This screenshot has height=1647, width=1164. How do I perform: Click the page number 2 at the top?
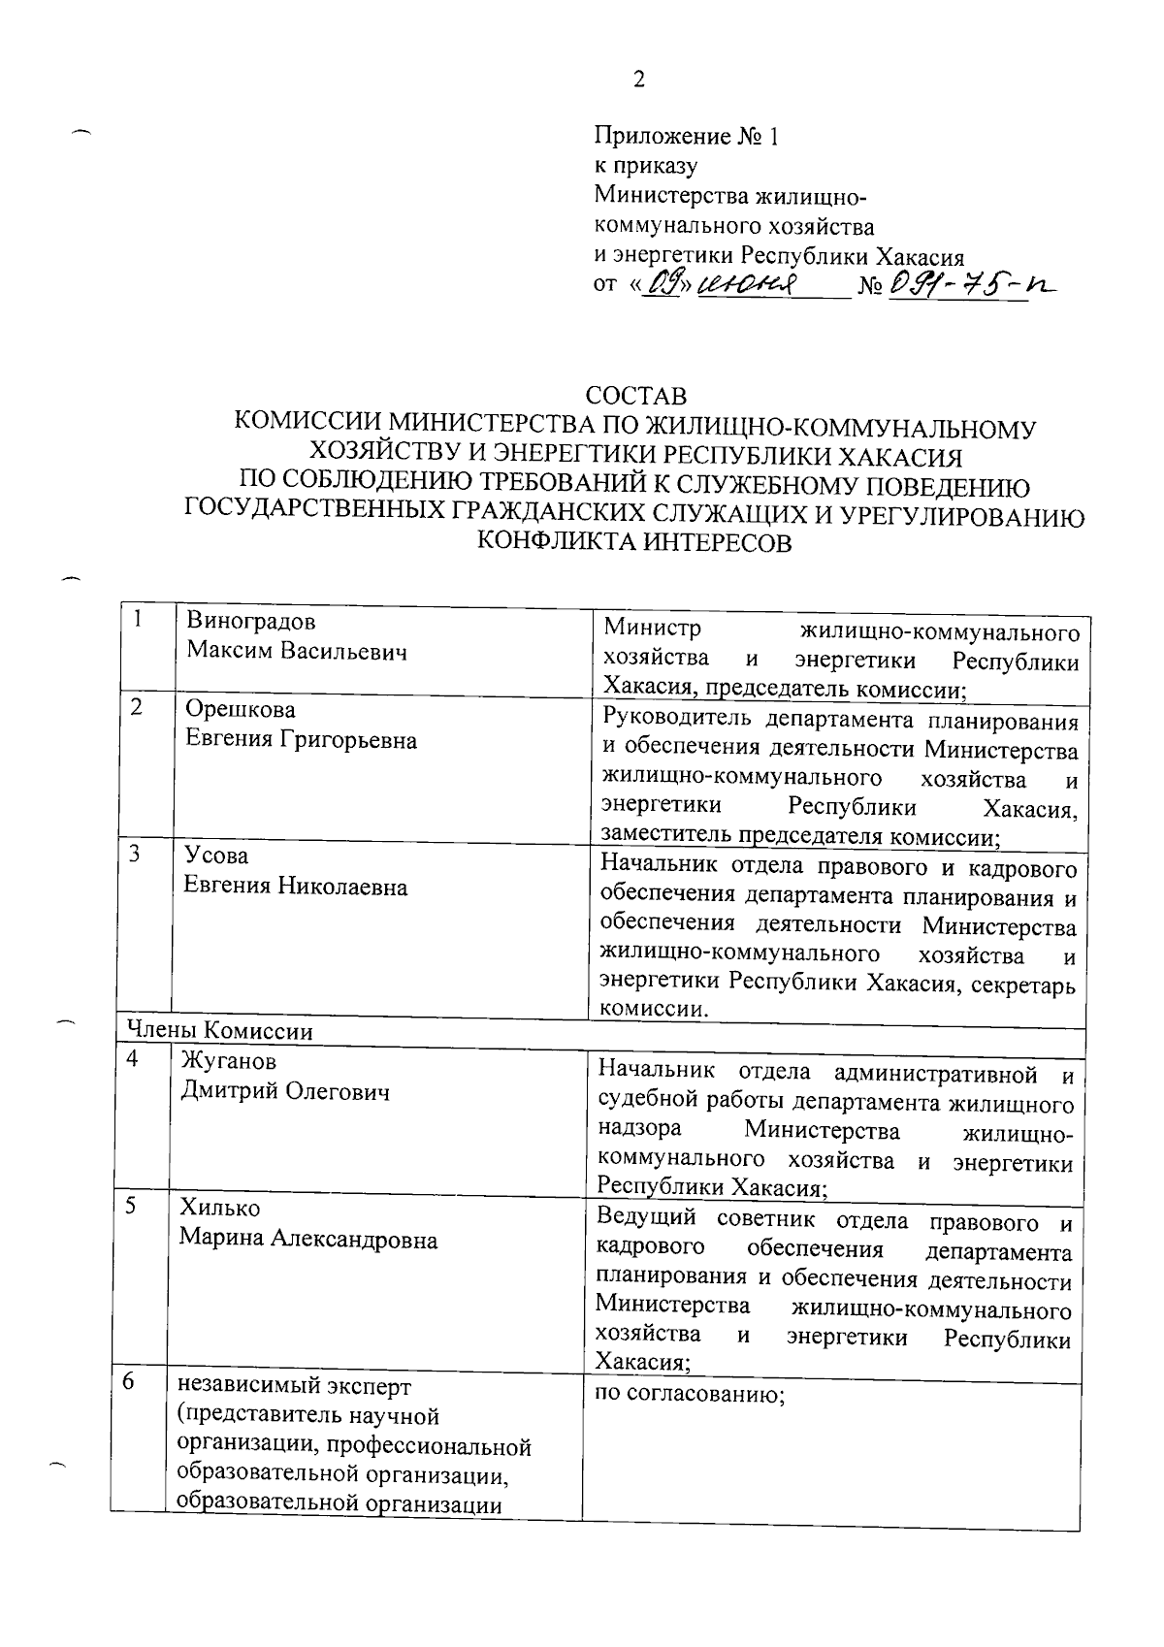pos(638,80)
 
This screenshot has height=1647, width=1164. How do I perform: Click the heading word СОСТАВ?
pos(635,397)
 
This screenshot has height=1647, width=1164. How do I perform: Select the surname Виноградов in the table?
pos(251,621)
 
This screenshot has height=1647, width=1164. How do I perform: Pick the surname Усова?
pos(216,856)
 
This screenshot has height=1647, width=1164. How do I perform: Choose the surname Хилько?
pos(219,1209)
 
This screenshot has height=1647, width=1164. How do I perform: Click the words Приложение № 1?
pos(686,137)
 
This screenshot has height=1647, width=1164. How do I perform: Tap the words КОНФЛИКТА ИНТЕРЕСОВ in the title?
pos(635,543)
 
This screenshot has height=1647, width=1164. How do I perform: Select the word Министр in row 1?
pos(651,630)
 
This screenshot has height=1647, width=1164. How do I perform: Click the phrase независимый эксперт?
pos(294,1386)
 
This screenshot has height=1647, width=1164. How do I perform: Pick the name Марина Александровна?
pos(307,1240)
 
